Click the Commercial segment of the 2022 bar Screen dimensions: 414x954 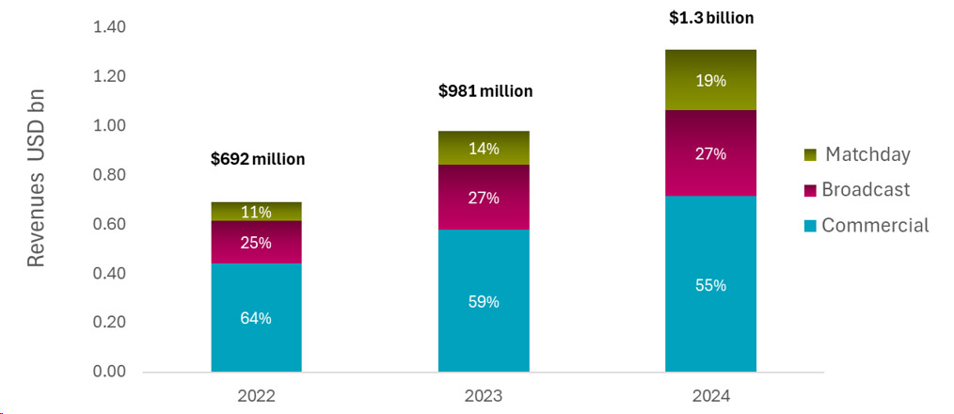pos(256,318)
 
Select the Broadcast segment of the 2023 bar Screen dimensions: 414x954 pos(484,198)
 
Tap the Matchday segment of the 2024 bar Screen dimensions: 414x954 pos(710,80)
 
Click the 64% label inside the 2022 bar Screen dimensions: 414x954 pos(256,318)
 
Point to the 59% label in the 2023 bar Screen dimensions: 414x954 pos(484,302)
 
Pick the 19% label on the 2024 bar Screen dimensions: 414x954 pos(710,81)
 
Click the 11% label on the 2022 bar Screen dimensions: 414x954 pos(256,212)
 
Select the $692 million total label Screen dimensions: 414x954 pos(258,159)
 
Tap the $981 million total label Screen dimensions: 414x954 pos(485,91)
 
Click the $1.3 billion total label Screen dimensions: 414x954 pos(710,17)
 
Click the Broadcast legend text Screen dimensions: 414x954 pos(866,189)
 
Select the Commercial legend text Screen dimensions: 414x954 pos(875,225)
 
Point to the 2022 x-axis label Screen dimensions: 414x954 pos(256,397)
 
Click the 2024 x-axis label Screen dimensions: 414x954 pos(710,397)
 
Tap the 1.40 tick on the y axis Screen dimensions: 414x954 pos(110,27)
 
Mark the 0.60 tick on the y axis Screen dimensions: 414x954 pos(110,224)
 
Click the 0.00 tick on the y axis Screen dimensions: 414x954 pos(110,372)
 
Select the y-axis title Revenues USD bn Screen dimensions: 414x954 pos(36,179)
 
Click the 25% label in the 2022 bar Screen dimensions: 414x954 pos(256,243)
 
